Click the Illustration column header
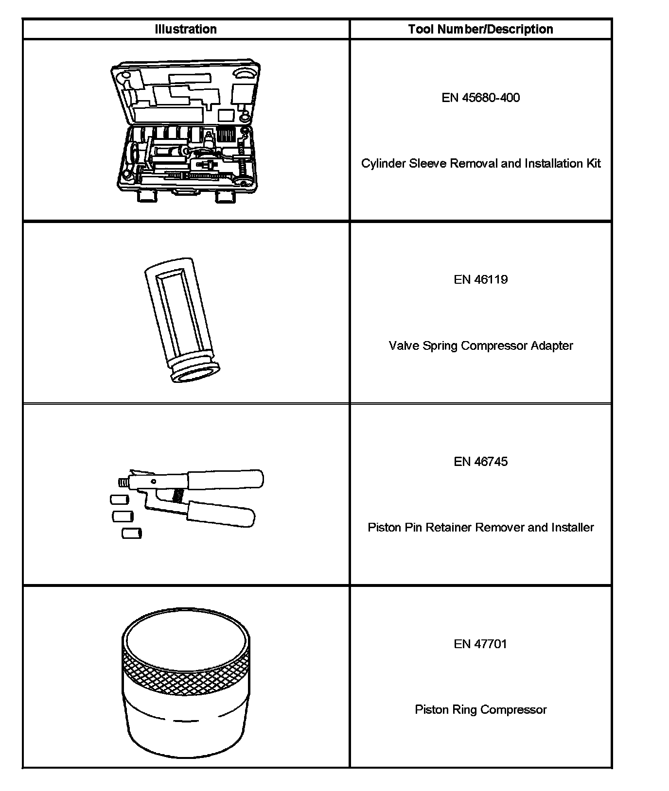pyautogui.click(x=186, y=29)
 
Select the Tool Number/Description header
pyautogui.click(x=480, y=29)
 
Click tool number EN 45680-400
pyautogui.click(x=480, y=98)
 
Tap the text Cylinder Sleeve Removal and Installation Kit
pyautogui.click(x=480, y=164)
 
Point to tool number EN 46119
pyautogui.click(x=480, y=279)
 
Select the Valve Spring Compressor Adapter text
pyautogui.click(x=480, y=346)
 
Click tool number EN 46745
pyautogui.click(x=480, y=462)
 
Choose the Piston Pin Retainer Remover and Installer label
pyautogui.click(x=480, y=528)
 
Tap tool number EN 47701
pyautogui.click(x=480, y=644)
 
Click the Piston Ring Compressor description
pyautogui.click(x=480, y=710)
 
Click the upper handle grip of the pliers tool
pyautogui.click(x=226, y=479)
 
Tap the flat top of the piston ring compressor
pyautogui.click(x=186, y=634)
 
